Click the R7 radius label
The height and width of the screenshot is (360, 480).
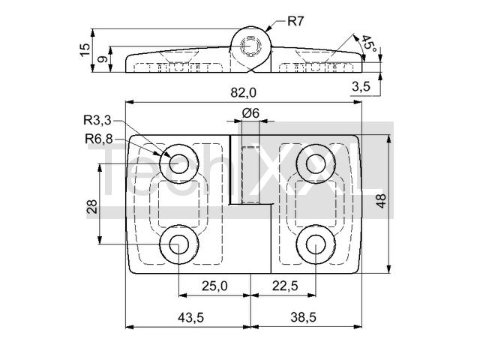coord(295,22)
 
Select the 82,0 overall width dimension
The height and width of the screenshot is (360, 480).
coord(243,92)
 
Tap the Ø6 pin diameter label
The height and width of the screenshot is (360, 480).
coord(250,113)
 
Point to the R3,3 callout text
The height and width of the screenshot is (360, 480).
coord(97,121)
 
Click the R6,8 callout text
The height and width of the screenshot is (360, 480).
coord(98,139)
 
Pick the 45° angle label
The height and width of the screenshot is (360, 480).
coord(368,43)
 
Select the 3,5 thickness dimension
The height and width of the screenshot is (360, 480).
coord(361,87)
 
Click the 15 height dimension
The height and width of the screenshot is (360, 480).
coord(85,50)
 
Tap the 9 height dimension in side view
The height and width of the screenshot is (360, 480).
coord(103,58)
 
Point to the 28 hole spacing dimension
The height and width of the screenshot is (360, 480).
coord(91,206)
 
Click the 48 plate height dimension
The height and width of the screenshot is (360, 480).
coord(382,201)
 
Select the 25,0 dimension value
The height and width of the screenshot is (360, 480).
coord(214,286)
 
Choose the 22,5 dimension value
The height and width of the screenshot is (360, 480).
coord(285,286)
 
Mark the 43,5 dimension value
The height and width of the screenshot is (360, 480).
coord(190,317)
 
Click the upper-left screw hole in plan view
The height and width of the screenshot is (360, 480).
coord(179,163)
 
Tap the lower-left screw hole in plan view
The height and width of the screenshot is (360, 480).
coord(179,244)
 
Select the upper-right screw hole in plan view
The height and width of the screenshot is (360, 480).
coord(316,163)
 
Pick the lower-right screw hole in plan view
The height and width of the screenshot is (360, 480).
coord(316,244)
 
